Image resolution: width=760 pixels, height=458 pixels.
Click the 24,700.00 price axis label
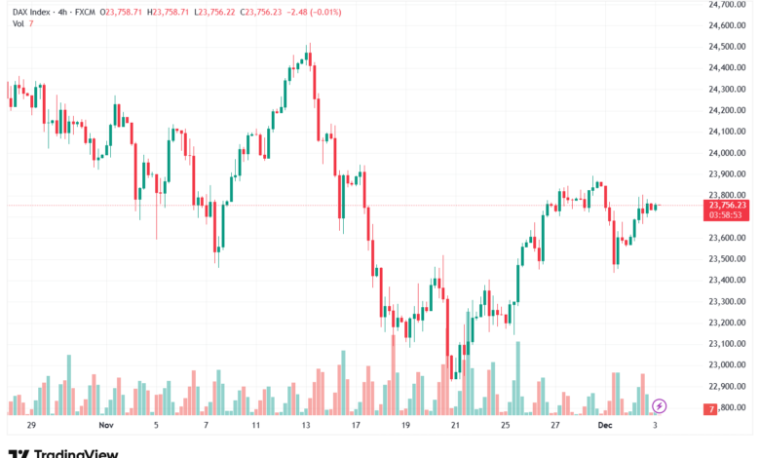tap(727, 4)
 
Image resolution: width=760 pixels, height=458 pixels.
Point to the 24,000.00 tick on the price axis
tap(727, 153)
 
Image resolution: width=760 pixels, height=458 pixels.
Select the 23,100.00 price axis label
tap(727, 343)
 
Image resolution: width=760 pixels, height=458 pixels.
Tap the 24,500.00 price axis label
tap(727, 47)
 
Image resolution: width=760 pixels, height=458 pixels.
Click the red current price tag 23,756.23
tap(728, 205)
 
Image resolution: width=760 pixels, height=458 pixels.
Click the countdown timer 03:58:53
tap(728, 214)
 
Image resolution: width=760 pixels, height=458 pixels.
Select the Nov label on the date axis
tap(106, 426)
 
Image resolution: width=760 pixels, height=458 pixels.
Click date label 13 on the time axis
tap(306, 426)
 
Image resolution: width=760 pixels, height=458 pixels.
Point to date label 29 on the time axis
tap(32, 426)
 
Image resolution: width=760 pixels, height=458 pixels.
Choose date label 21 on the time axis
tap(456, 426)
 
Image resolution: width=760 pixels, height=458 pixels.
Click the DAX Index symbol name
tap(31, 10)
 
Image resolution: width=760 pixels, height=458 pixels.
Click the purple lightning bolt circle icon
tap(660, 405)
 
